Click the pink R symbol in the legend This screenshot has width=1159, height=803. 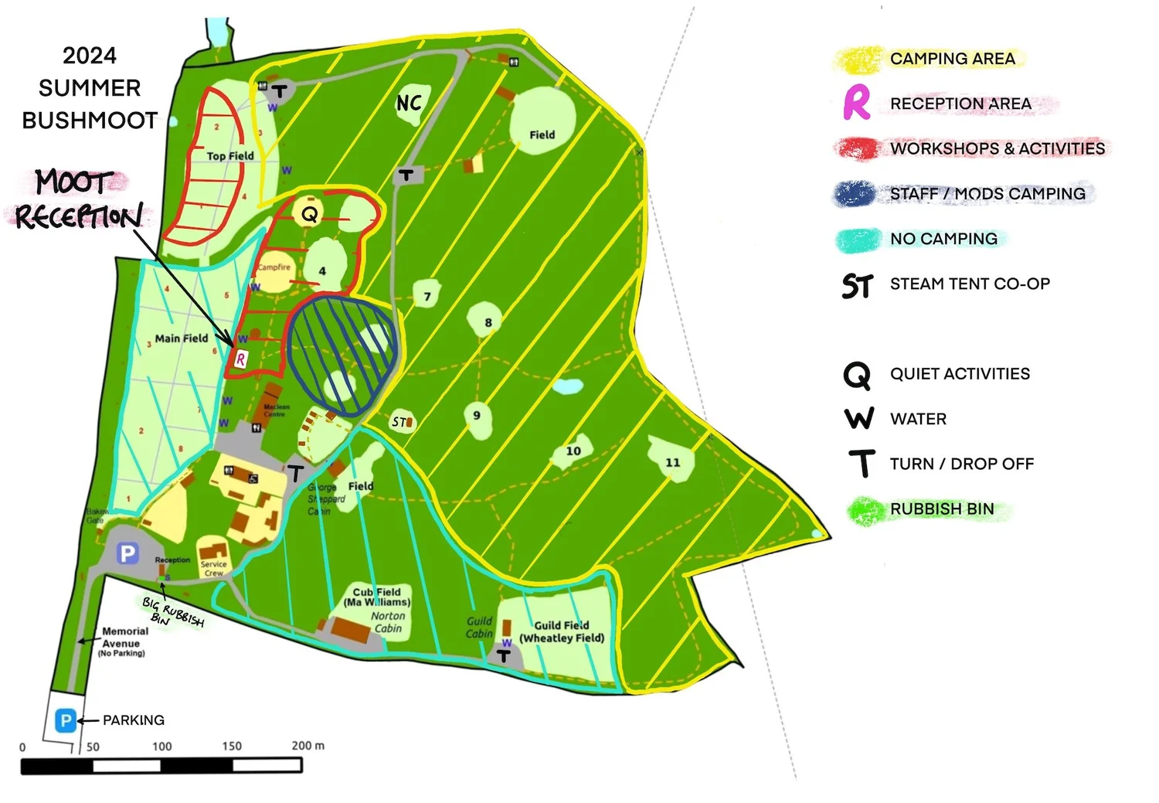point(856,103)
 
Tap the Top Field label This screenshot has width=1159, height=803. point(229,155)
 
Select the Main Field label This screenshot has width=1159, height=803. point(181,338)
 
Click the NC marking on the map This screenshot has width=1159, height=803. point(409,103)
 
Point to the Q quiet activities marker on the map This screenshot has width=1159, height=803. point(309,214)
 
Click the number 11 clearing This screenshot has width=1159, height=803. point(672,462)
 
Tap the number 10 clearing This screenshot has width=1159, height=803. point(573,451)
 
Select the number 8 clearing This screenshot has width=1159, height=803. point(488,322)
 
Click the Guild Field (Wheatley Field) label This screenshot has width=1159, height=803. point(562,631)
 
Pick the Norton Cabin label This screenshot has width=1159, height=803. point(388,622)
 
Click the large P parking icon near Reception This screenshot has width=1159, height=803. point(127,553)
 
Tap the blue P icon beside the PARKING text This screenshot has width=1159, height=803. point(66,720)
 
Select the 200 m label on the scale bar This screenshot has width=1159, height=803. point(308,746)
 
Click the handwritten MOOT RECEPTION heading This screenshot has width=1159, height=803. point(77,199)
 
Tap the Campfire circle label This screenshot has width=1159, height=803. point(274,268)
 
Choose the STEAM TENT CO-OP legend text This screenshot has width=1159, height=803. point(970,284)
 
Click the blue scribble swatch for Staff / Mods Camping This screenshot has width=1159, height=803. point(854,193)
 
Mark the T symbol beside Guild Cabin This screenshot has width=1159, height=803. point(504,656)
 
